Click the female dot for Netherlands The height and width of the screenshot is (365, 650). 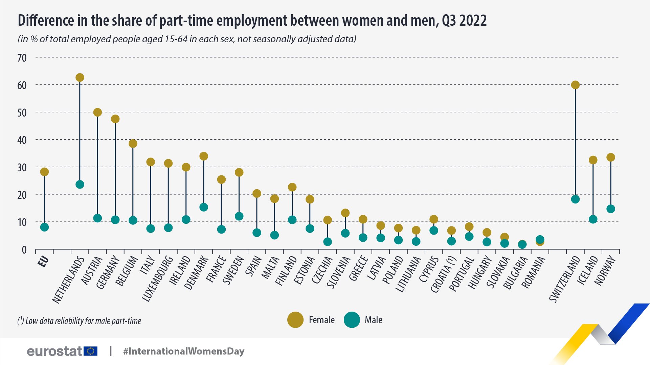pyautogui.click(x=80, y=78)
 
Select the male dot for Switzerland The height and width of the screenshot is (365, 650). pyautogui.click(x=575, y=199)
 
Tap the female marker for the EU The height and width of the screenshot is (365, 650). pyautogui.click(x=44, y=172)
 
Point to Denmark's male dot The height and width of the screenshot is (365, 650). pyautogui.click(x=204, y=207)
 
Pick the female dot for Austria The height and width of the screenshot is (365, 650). pyautogui.click(x=97, y=113)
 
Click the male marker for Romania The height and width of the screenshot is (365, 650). pyautogui.click(x=540, y=240)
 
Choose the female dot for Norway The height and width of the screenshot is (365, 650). pyautogui.click(x=611, y=157)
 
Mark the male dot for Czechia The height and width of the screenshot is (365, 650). pyautogui.click(x=328, y=242)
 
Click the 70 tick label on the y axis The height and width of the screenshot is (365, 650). pyautogui.click(x=22, y=58)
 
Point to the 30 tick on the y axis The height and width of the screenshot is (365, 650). pyautogui.click(x=22, y=168)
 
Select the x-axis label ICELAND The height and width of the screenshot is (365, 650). pyautogui.click(x=588, y=270)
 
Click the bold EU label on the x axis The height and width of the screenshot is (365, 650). pyautogui.click(x=43, y=262)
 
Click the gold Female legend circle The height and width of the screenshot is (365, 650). pyautogui.click(x=295, y=320)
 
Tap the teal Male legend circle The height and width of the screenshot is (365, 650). pyautogui.click(x=352, y=320)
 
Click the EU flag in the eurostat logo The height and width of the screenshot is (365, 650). pyautogui.click(x=90, y=351)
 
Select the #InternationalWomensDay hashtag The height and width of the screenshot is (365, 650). pyautogui.click(x=184, y=351)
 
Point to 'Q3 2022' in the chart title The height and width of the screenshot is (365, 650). pyautogui.click(x=464, y=21)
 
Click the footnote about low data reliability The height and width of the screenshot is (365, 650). pyautogui.click(x=80, y=321)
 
